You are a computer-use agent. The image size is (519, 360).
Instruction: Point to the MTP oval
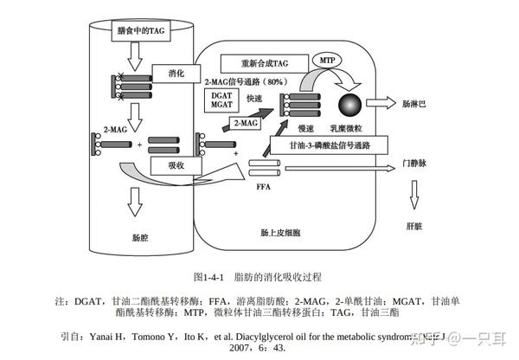point(326,61)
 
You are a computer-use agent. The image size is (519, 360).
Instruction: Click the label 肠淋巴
point(413,102)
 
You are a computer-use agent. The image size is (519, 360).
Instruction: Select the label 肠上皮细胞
point(280,233)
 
